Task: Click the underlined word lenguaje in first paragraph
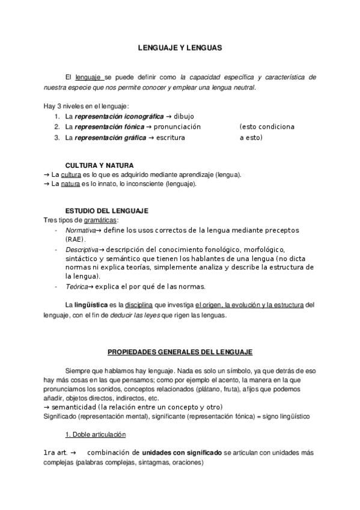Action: [92, 78]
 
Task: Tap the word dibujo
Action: [185, 116]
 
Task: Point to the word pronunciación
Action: [177, 127]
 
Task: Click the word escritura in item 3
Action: [170, 138]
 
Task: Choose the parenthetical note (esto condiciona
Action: [266, 127]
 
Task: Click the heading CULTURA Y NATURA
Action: [99, 165]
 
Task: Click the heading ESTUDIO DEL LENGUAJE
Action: [106, 210]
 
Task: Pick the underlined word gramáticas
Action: [101, 220]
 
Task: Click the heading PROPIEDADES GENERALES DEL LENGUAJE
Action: [180, 351]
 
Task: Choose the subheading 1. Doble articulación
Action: [96, 434]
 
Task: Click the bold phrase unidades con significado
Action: [182, 453]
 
